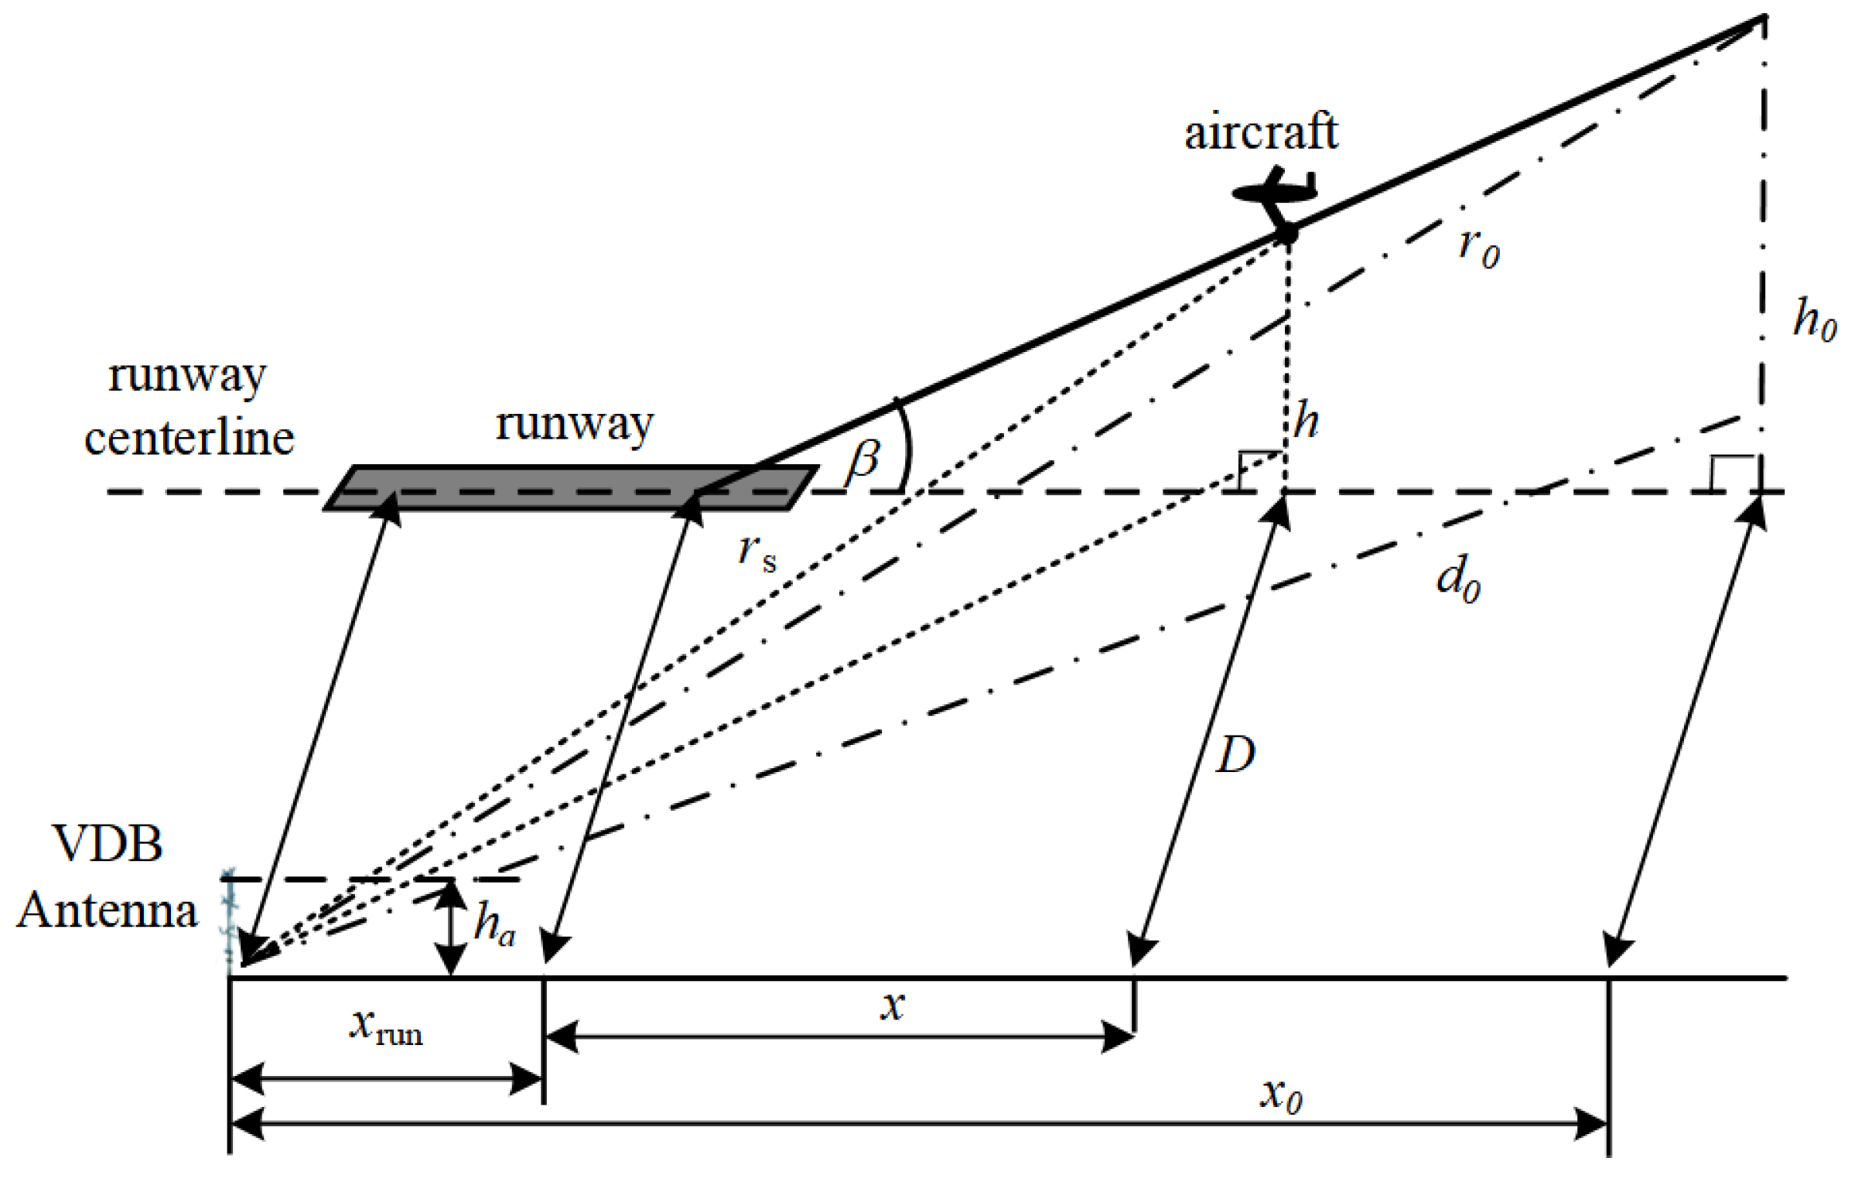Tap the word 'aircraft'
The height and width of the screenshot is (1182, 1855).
(x=1261, y=132)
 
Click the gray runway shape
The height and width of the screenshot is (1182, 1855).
(x=571, y=488)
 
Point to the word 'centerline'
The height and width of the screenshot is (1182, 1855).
(x=190, y=439)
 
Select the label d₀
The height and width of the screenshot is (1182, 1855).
(x=1458, y=580)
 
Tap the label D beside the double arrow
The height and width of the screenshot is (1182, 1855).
(x=1235, y=754)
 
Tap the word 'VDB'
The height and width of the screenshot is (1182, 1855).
(x=108, y=845)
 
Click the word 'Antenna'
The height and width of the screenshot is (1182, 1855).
(x=108, y=911)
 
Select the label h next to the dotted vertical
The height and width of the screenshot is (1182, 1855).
(x=1306, y=422)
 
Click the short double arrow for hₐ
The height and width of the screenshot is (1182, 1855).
(x=451, y=928)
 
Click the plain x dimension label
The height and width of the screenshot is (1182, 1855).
(x=893, y=1006)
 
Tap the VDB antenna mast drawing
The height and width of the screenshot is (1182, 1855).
(x=228, y=921)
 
